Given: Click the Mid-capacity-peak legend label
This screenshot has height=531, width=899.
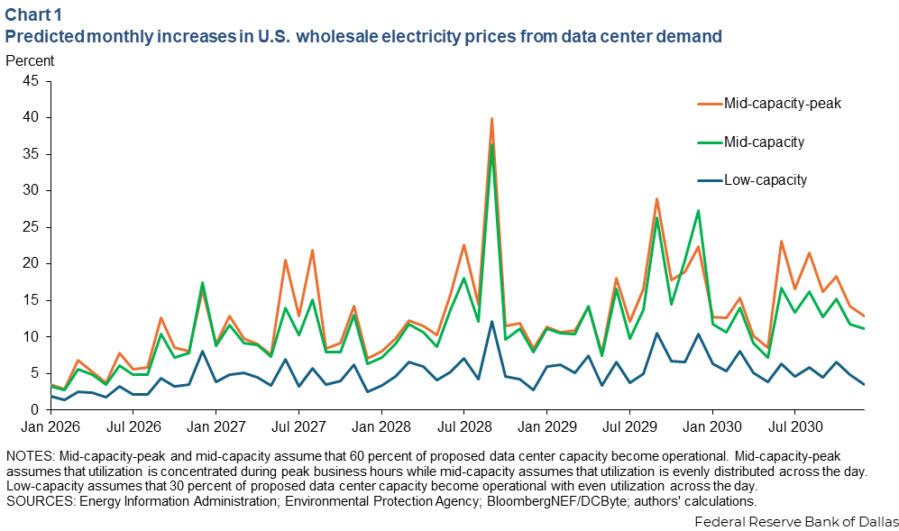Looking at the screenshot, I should pyautogui.click(x=782, y=104).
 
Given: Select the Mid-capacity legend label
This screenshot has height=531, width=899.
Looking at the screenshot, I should pyautogui.click(x=764, y=142).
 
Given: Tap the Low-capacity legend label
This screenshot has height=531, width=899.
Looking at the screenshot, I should pyautogui.click(x=766, y=179).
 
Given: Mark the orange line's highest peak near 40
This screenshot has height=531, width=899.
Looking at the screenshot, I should pyautogui.click(x=491, y=118).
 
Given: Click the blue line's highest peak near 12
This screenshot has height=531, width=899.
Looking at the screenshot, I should pyautogui.click(x=491, y=321).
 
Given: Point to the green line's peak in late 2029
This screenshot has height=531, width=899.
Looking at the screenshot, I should pyautogui.click(x=698, y=211).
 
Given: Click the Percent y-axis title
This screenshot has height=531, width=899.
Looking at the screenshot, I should pyautogui.click(x=30, y=61).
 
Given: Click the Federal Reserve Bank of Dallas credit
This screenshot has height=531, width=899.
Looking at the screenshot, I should pyautogui.click(x=796, y=521).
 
